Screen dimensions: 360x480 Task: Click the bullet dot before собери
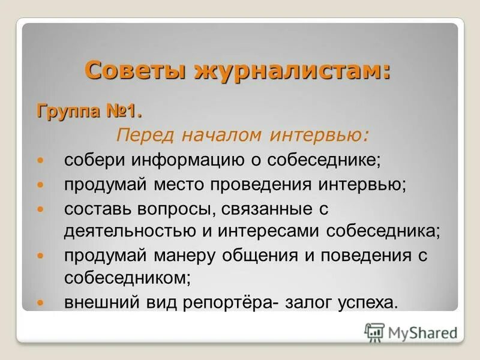[41, 161]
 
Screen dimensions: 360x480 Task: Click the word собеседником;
[128, 278]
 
